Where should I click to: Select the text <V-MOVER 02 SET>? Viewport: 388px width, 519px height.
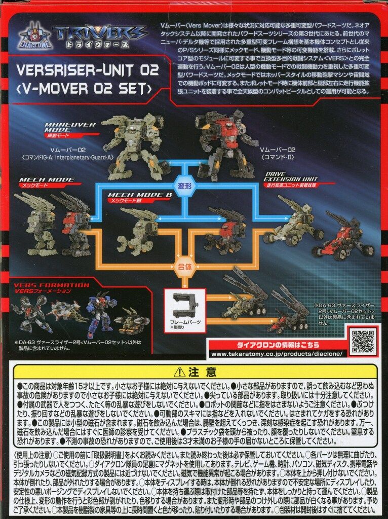point(88,90)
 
